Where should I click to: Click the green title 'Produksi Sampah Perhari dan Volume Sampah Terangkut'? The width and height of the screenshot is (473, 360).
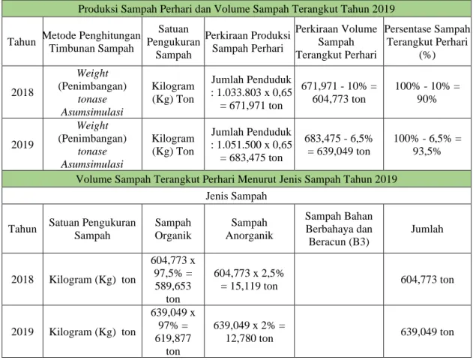(236, 9)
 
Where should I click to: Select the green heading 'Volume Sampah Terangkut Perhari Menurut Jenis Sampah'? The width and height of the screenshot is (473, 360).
(236, 179)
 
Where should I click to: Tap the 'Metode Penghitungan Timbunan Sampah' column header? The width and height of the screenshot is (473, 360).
(91, 42)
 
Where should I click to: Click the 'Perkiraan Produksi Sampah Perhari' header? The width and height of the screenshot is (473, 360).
(247, 42)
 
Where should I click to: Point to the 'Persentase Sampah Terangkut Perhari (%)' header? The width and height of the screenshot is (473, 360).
(427, 42)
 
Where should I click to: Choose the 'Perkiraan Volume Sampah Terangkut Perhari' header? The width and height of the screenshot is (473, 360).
(336, 42)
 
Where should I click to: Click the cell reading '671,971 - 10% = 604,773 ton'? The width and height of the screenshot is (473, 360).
(339, 92)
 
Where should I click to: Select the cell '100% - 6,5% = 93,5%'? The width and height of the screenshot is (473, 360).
(427, 145)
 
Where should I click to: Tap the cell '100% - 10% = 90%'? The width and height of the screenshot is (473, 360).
(427, 92)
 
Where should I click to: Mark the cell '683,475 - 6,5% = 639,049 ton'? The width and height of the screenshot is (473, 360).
(339, 145)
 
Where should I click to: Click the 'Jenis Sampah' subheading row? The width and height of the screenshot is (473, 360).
(236, 196)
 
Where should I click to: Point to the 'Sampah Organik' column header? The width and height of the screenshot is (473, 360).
(173, 229)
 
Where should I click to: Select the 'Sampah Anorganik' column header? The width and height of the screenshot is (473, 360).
(249, 229)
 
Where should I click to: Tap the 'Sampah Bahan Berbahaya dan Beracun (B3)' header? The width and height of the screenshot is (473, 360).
(339, 229)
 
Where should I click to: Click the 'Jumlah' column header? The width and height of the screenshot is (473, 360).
(427, 229)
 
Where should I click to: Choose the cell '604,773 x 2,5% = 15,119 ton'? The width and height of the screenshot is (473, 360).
(249, 280)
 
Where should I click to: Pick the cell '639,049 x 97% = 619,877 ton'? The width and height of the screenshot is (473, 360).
(173, 331)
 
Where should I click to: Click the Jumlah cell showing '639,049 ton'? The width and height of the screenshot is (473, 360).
(427, 331)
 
